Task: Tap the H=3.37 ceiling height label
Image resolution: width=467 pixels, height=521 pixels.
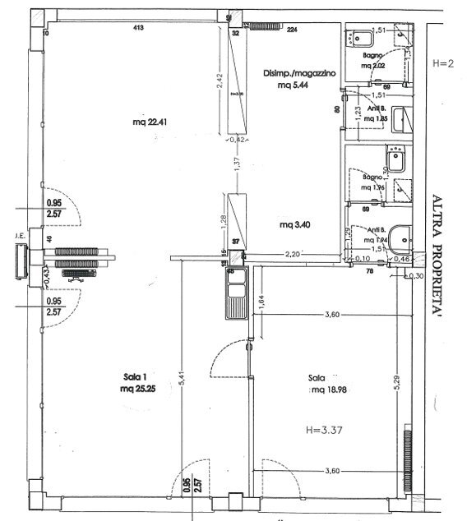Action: point(325,429)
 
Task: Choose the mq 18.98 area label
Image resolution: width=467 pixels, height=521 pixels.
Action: point(326,391)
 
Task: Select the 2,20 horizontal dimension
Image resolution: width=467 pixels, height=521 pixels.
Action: point(295,256)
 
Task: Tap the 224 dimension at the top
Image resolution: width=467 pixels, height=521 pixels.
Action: point(292,30)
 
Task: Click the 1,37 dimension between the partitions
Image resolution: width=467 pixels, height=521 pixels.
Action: point(237,164)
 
